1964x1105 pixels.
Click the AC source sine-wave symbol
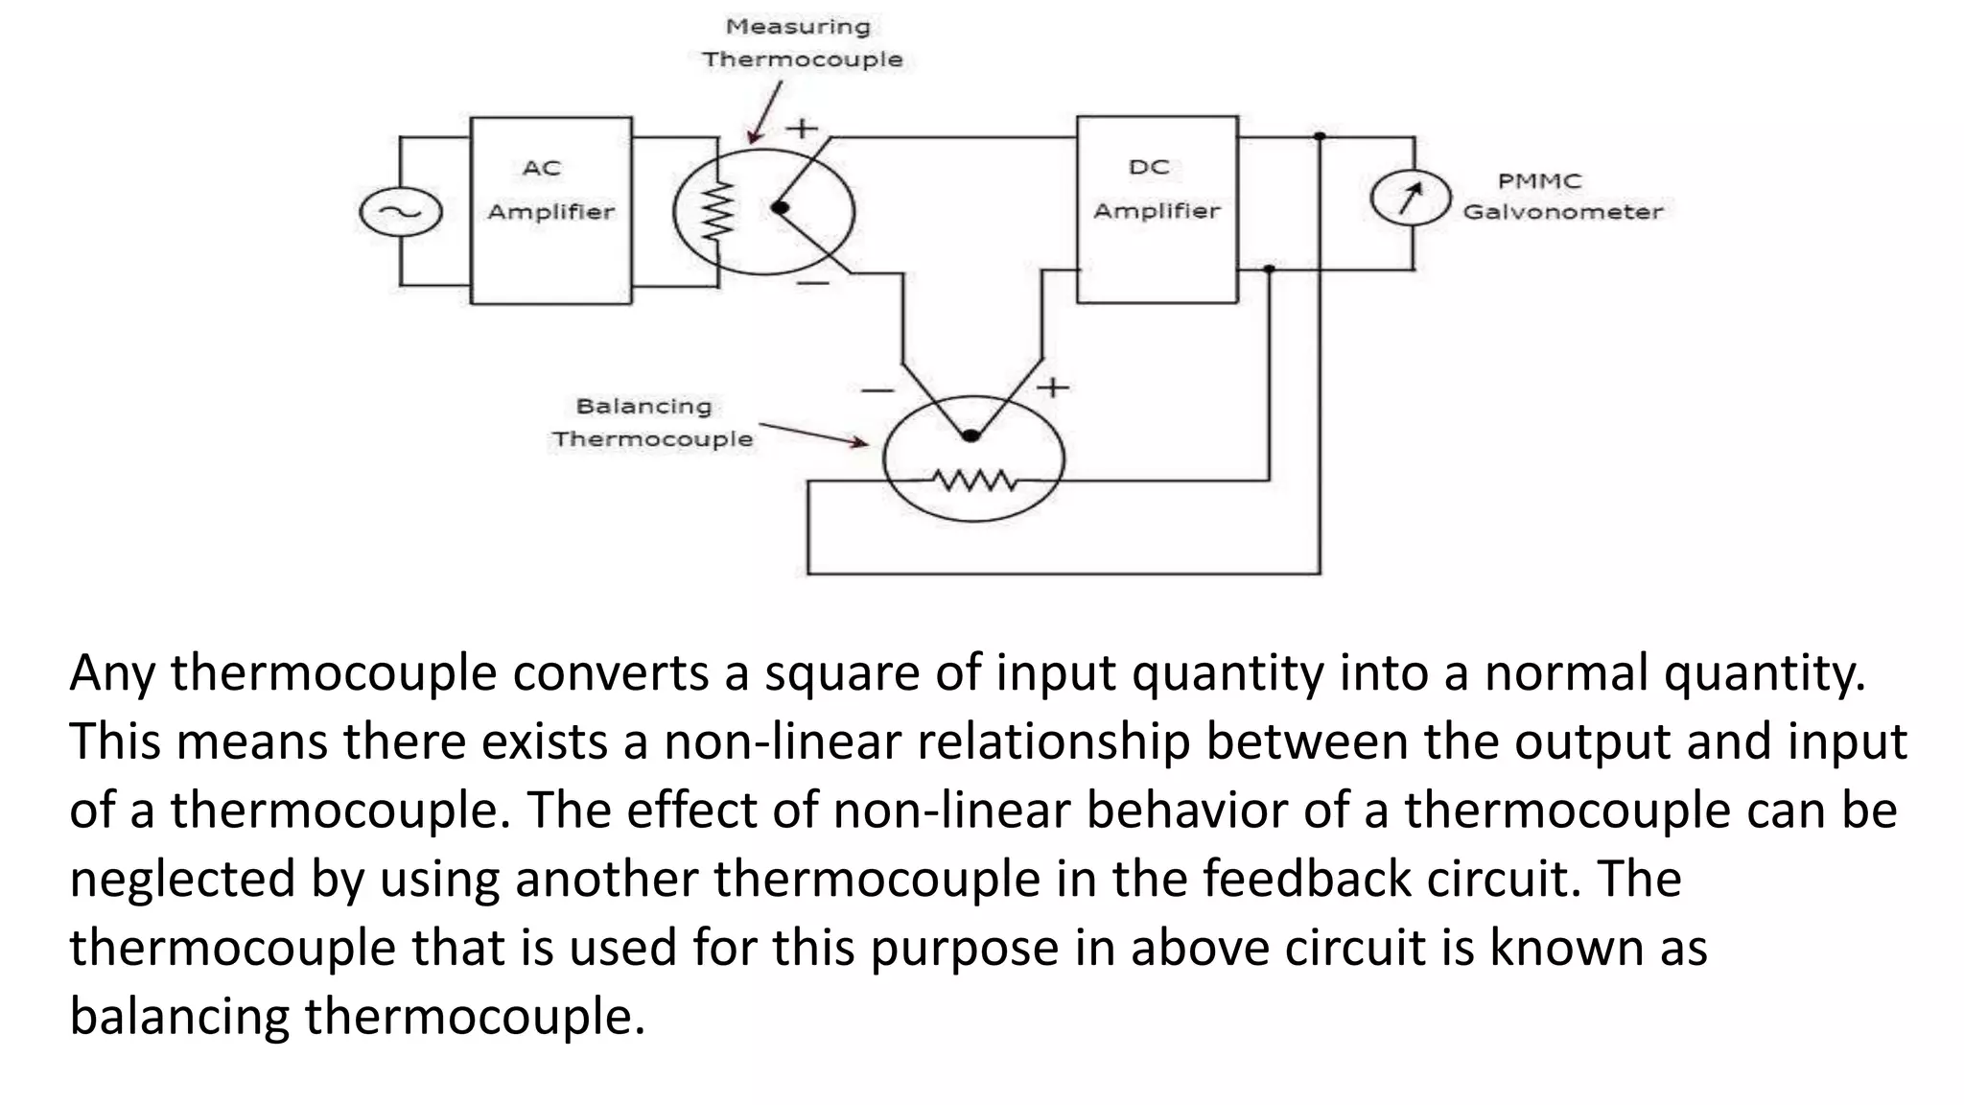tap(400, 212)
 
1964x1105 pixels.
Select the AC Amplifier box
tap(551, 210)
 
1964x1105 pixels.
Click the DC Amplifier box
tap(1157, 209)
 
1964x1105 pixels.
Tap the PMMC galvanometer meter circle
tap(1410, 198)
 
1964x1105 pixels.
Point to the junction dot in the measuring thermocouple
tap(780, 207)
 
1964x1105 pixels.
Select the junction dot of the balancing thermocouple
tap(970, 435)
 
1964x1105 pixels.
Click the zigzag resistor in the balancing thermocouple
tap(974, 479)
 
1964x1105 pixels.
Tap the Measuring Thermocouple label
tap(801, 43)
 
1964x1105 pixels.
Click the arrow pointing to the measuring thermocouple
tap(765, 113)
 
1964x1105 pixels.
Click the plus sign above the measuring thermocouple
tap(802, 128)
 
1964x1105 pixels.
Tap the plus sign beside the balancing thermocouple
tap(1053, 388)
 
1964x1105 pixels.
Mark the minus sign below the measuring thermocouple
tap(812, 283)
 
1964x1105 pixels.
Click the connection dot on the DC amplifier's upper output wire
tap(1320, 137)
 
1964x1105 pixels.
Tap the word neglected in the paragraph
tap(181, 879)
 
